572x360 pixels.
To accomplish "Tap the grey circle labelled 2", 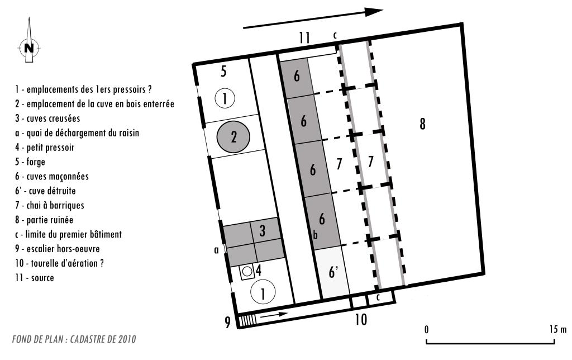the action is (x=233, y=137).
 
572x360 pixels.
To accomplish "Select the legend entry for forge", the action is (x=30, y=162).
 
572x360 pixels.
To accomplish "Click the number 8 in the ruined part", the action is (x=422, y=124).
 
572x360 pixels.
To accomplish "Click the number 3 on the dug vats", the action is (x=263, y=231).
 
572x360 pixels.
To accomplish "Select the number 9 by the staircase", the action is (x=228, y=322).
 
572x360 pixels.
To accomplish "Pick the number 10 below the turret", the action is (x=361, y=320).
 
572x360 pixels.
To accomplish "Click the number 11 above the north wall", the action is (x=304, y=37).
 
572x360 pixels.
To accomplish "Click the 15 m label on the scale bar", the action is (x=558, y=329).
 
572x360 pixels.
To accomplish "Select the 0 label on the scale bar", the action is (x=426, y=329).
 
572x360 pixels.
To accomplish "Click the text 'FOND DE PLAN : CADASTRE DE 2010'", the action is (x=74, y=339).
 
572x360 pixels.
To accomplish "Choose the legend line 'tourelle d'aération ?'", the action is (x=59, y=263).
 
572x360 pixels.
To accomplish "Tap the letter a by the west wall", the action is (x=216, y=250).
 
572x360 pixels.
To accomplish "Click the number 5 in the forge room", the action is (x=223, y=71).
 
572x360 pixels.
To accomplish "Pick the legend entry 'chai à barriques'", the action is (x=49, y=205).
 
